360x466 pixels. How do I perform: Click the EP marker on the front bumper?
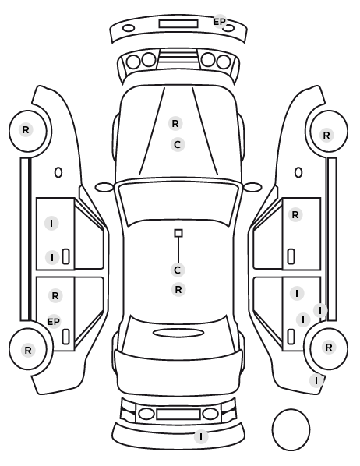click(220, 22)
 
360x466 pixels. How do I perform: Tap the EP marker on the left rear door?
click(54, 322)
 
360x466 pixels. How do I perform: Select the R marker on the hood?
click(175, 123)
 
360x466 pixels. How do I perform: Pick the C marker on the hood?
click(178, 145)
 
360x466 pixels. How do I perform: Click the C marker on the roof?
click(178, 270)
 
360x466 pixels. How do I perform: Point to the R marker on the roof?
click(178, 289)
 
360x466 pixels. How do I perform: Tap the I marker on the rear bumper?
click(201, 437)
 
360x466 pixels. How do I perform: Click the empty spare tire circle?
click(291, 409)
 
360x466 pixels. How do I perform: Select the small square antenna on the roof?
click(178, 233)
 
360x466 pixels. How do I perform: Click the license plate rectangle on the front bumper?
click(178, 24)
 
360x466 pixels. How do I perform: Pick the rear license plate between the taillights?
click(178, 415)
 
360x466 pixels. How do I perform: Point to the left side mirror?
click(104, 188)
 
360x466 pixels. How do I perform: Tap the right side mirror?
click(252, 188)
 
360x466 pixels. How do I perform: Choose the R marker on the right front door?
click(295, 214)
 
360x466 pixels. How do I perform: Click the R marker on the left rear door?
click(55, 295)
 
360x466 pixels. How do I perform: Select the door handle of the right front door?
click(291, 256)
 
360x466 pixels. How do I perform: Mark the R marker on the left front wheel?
click(26, 129)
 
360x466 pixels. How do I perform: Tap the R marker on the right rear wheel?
click(329, 347)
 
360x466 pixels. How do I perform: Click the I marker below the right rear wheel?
click(316, 381)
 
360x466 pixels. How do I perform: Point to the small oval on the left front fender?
click(58, 173)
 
